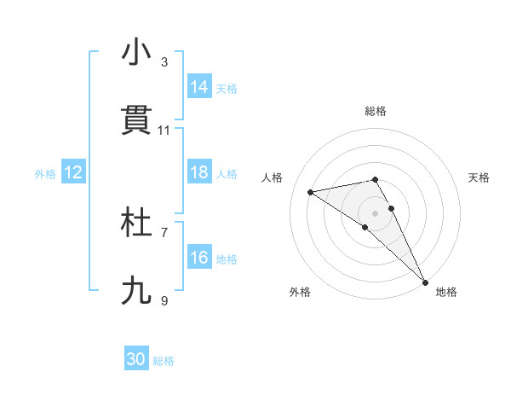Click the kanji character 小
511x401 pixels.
click(136, 53)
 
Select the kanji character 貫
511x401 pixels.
click(136, 120)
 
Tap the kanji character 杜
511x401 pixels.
click(136, 223)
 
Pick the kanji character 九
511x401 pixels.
click(136, 291)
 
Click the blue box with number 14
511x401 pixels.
click(199, 87)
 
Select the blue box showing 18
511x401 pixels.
click(199, 172)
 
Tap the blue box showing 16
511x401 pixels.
click(199, 258)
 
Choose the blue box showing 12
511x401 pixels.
click(73, 172)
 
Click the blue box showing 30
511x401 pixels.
click(136, 359)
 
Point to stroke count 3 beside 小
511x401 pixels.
click(164, 62)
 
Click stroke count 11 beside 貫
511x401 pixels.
click(164, 131)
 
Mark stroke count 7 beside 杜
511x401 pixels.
click(164, 232)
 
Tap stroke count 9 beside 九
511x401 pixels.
click(164, 300)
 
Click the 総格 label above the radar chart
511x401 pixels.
click(376, 111)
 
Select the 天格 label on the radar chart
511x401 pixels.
click(479, 177)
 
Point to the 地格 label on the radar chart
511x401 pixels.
click(446, 292)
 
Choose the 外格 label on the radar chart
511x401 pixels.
click(300, 292)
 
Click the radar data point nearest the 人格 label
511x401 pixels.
click(311, 192)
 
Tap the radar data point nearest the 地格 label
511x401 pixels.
click(425, 282)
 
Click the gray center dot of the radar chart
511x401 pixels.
click(376, 212)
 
